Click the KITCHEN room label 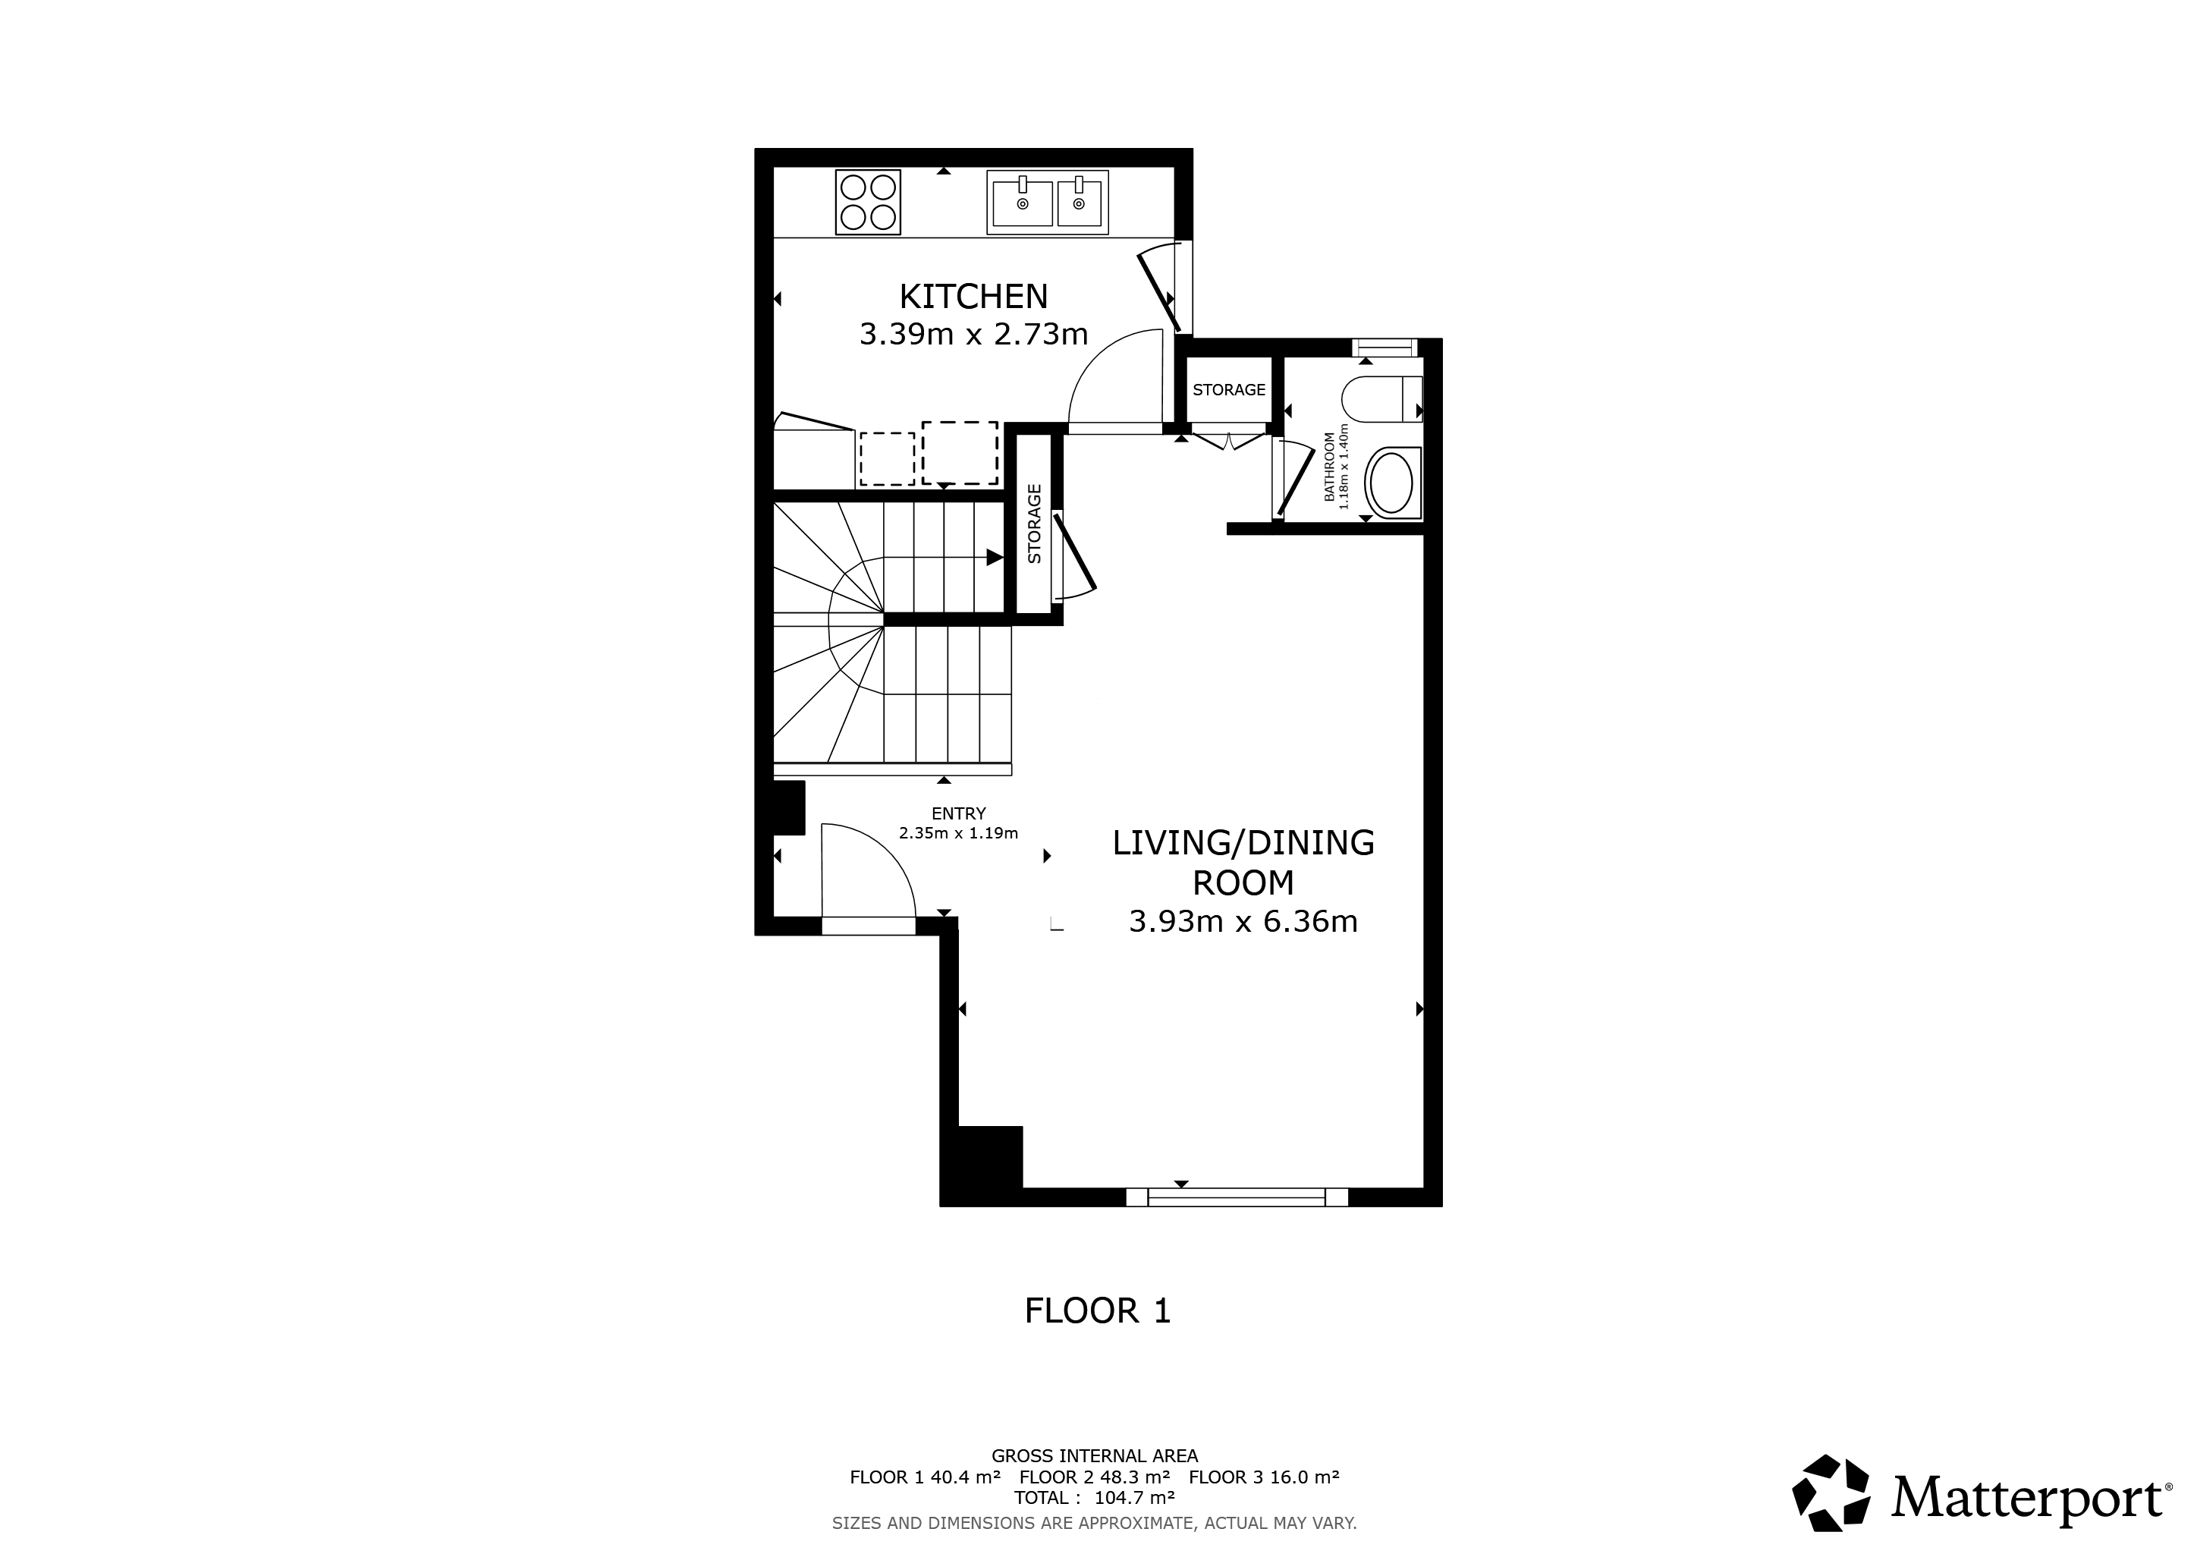(x=973, y=297)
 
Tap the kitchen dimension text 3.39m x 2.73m (x=973, y=335)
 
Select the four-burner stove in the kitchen (x=869, y=202)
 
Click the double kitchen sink (x=1048, y=202)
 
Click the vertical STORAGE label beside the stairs (x=1034, y=524)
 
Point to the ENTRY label (x=958, y=814)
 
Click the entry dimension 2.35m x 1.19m (x=958, y=833)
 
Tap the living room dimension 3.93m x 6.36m (x=1243, y=921)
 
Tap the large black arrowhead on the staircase (x=995, y=557)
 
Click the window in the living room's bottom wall (x=1237, y=1197)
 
